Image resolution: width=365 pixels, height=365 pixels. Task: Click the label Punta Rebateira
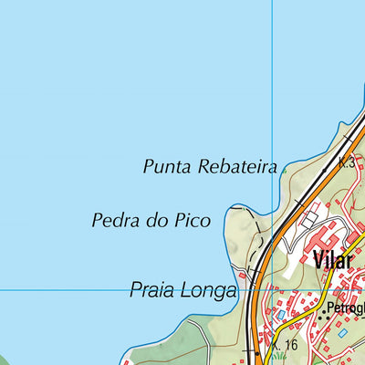click(x=209, y=167)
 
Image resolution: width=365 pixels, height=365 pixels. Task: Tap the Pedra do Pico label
click(x=151, y=221)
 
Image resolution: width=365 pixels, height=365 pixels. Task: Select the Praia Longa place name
click(x=182, y=291)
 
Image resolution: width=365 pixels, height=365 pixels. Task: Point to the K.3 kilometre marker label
click(x=346, y=163)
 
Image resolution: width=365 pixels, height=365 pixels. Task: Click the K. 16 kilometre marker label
click(x=286, y=345)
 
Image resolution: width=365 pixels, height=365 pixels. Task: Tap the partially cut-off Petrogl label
click(x=346, y=308)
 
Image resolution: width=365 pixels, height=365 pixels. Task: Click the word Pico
click(x=193, y=221)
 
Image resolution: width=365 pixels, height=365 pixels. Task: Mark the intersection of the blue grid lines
click(x=272, y=290)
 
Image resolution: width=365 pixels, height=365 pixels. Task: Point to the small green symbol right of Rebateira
click(x=285, y=169)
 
